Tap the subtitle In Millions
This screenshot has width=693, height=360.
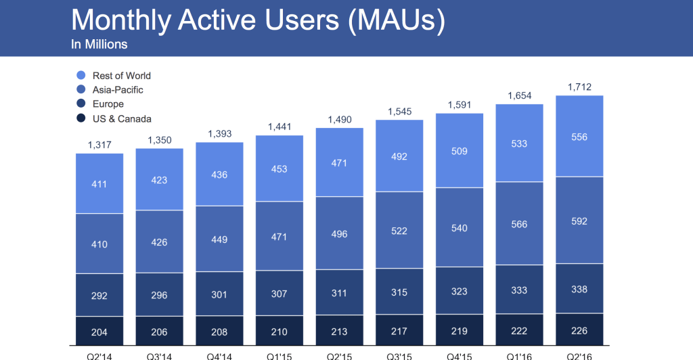[x=99, y=45]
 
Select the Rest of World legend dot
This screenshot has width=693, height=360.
[x=81, y=76]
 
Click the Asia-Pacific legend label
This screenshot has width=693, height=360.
[x=118, y=90]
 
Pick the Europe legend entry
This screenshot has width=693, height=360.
[x=108, y=104]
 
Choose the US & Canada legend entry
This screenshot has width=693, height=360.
[x=122, y=119]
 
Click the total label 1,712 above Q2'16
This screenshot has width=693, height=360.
[x=579, y=86]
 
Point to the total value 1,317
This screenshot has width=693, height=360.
[x=99, y=144]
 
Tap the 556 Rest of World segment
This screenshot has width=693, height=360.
[x=579, y=137]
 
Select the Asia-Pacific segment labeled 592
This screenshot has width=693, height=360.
[x=579, y=221]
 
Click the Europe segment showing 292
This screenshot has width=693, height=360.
[x=99, y=295]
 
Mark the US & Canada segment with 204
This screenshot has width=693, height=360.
[x=99, y=332]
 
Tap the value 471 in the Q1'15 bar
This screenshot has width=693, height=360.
[x=280, y=237]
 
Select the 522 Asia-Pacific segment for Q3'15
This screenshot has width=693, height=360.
[x=399, y=231]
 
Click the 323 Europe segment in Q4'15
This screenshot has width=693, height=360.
[x=459, y=290]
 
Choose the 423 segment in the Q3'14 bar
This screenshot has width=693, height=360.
[x=160, y=180]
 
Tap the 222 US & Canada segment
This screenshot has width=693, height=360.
[x=519, y=332]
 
